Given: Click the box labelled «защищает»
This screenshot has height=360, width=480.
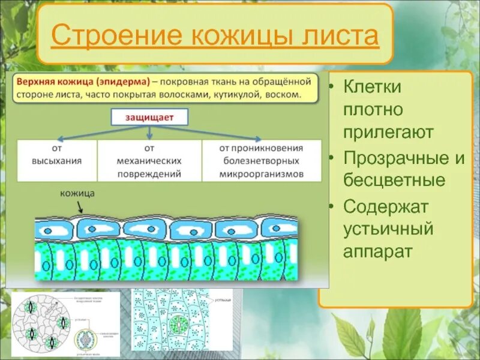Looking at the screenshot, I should (x=149, y=117).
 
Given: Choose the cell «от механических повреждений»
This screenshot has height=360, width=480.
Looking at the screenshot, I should (x=149, y=161).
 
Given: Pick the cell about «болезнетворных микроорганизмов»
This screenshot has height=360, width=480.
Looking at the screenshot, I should (x=261, y=161).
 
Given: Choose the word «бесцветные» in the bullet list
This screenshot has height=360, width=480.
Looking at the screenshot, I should (x=394, y=180).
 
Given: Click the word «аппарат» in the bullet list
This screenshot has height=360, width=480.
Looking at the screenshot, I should (x=378, y=251).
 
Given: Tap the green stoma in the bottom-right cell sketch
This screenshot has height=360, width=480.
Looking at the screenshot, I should (x=176, y=324).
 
